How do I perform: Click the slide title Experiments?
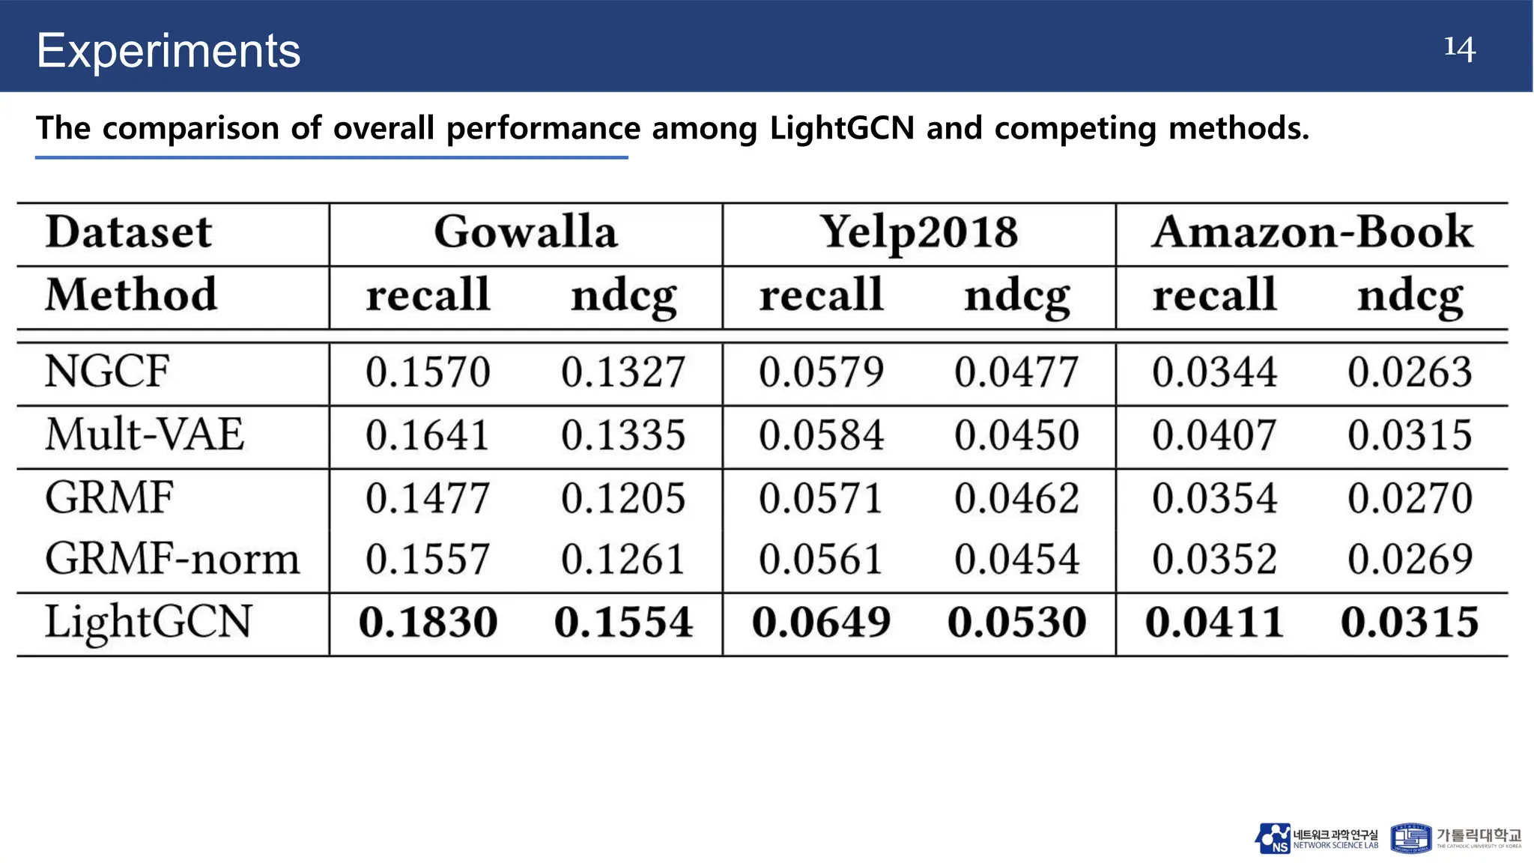point(169,51)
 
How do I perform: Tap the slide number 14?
point(1459,48)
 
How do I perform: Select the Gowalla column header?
point(526,232)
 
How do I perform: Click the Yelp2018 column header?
point(919,232)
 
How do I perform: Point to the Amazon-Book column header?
point(1312,232)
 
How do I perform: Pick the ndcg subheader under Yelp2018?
point(1017,297)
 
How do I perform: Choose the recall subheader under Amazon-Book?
point(1214,295)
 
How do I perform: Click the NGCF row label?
point(107,372)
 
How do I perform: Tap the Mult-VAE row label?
point(145,434)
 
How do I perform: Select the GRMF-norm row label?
point(172,560)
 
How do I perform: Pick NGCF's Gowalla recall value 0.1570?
point(428,372)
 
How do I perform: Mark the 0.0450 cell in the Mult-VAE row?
point(1017,435)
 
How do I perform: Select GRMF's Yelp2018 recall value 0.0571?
point(821,498)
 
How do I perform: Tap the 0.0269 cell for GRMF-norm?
point(1410,560)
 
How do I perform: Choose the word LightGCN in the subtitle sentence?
point(842,128)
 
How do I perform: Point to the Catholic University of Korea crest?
point(1411,838)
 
